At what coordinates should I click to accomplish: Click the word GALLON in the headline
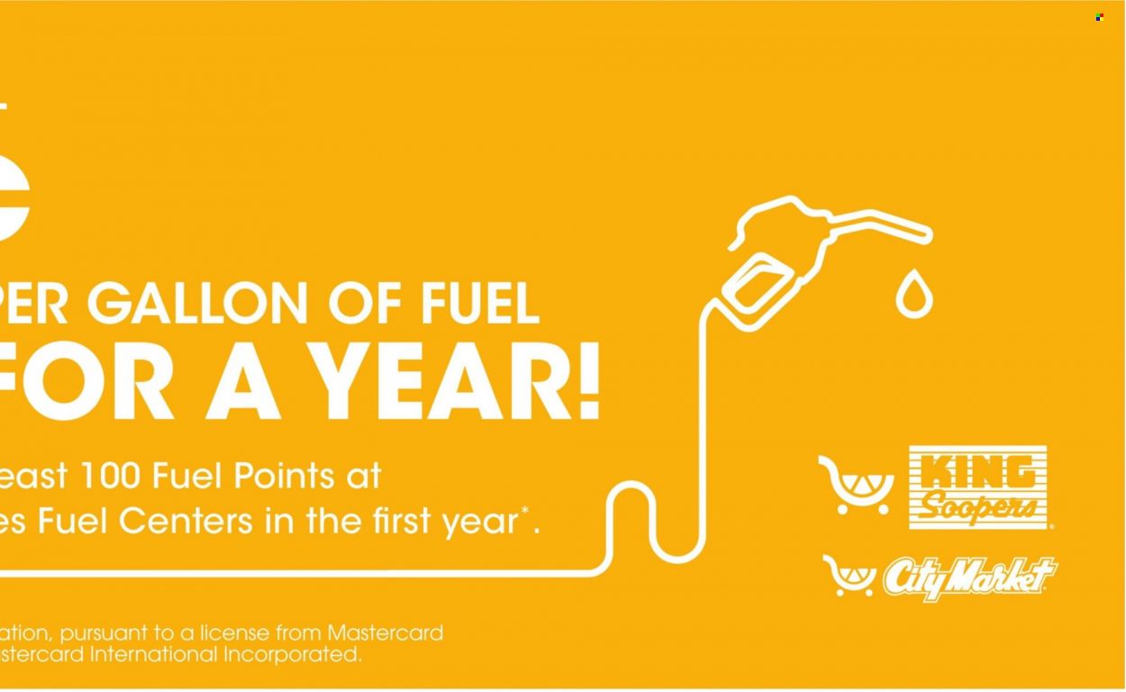197,304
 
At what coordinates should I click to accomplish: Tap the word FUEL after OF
479,304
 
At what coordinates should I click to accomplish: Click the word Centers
186,521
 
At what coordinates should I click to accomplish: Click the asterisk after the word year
525,511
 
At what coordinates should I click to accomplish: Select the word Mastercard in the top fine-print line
385,633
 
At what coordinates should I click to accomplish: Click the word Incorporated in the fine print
293,655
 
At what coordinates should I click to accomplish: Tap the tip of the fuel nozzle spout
929,235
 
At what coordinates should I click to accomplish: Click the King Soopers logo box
977,487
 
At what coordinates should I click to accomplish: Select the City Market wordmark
970,578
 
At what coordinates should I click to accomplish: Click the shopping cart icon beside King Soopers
856,485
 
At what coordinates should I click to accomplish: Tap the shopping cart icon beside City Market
849,576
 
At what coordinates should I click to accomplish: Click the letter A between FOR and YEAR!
243,381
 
